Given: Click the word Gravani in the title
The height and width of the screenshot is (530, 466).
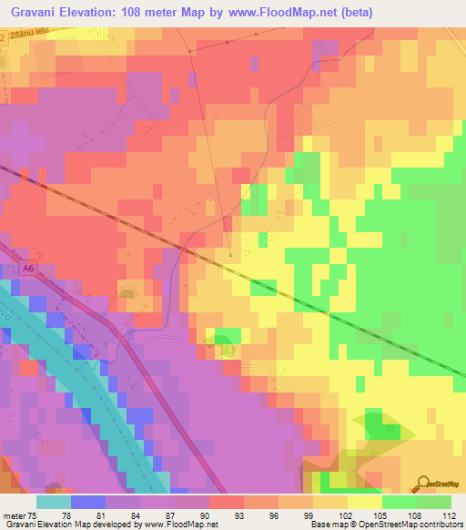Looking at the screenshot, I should [37, 13].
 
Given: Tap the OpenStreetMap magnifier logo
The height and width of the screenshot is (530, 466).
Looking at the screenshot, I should [425, 484].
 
